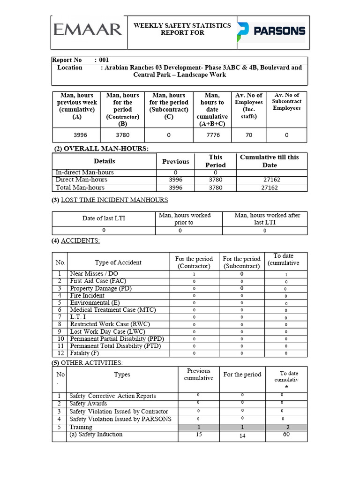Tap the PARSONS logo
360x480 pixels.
click(271, 31)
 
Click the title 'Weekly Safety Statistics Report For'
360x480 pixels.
click(182, 29)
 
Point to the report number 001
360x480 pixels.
click(104, 60)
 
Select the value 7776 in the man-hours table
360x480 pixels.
click(212, 135)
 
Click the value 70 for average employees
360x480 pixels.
click(249, 135)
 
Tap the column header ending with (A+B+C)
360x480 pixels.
click(212, 109)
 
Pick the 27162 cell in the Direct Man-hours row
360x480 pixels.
click(270, 180)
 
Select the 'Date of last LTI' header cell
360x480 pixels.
click(104, 218)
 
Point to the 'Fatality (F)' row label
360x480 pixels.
click(84, 353)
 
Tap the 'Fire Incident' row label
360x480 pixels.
click(87, 295)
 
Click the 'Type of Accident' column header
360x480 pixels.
click(118, 262)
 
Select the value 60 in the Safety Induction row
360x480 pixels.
click(286, 435)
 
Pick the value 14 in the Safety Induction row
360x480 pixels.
click(242, 435)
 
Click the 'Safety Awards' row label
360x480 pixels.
click(88, 404)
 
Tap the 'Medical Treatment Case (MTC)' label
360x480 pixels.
click(113, 310)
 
